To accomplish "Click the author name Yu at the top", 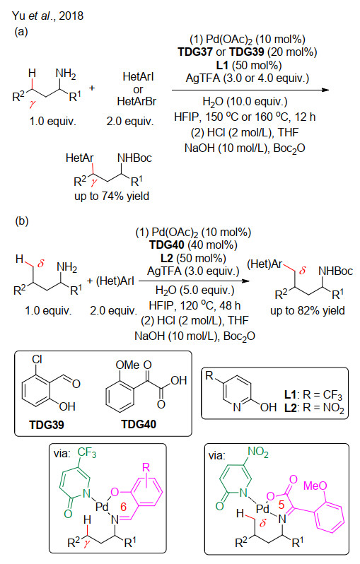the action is point(17,16).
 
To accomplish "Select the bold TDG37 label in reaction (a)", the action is point(195,52).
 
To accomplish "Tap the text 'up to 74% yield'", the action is point(112,196).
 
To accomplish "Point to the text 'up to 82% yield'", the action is point(308,311).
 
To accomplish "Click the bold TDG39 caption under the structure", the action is point(47,425).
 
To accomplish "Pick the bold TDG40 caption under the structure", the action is point(139,425).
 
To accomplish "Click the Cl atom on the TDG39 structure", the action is point(37,359).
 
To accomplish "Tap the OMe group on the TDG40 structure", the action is point(127,365).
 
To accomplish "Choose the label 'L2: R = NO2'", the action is point(314,408).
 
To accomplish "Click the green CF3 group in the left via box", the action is point(87,452).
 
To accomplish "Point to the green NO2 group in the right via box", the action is point(257,452).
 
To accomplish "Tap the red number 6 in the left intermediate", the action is point(124,507).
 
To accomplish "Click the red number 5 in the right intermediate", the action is point(281,505).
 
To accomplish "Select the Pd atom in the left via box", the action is point(102,507).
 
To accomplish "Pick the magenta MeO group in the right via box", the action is point(315,486).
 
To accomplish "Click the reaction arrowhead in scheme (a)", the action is point(325,90).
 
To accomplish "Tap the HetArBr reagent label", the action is point(137,102).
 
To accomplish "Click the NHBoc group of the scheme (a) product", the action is point(134,158).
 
